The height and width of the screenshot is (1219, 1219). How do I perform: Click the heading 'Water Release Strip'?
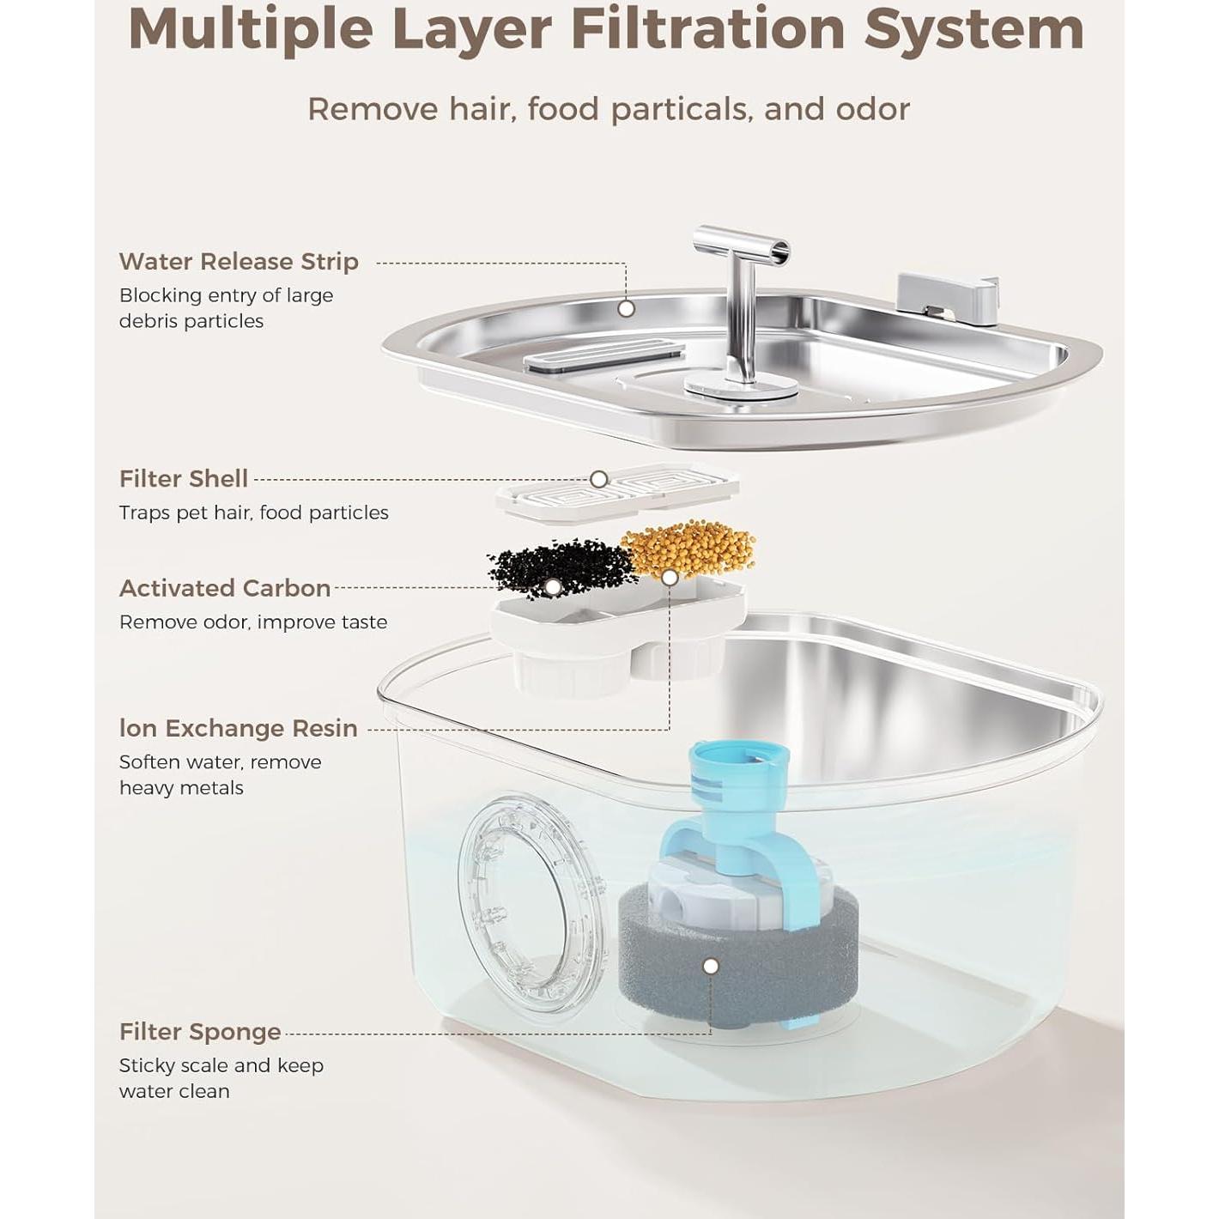pyautogui.click(x=239, y=262)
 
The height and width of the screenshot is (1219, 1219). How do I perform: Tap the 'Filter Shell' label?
pyautogui.click(x=183, y=479)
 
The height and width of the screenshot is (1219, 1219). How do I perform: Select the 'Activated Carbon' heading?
pyautogui.click(x=225, y=588)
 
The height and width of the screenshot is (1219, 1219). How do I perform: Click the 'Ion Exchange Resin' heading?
pyautogui.click(x=238, y=728)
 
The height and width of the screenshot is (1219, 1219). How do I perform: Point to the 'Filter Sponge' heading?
pyautogui.click(x=200, y=1032)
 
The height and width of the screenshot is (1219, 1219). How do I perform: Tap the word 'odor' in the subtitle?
pyautogui.click(x=873, y=109)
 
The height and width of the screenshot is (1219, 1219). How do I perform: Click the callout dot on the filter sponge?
pyautogui.click(x=710, y=967)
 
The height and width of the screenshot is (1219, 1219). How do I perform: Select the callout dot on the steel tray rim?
pyautogui.click(x=626, y=308)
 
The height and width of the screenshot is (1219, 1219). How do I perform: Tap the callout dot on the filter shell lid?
pyautogui.click(x=599, y=479)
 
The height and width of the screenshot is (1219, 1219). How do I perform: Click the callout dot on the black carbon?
pyautogui.click(x=554, y=587)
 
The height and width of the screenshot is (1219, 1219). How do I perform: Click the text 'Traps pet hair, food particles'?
pyautogui.click(x=253, y=513)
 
